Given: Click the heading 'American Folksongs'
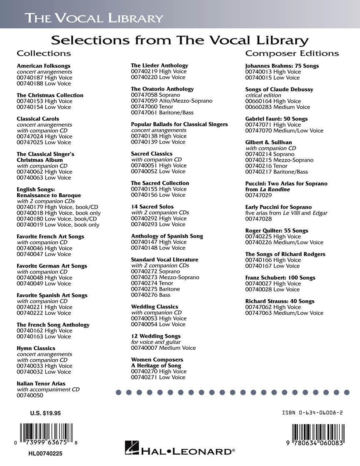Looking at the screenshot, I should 43,66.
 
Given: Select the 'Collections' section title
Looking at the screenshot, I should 44,53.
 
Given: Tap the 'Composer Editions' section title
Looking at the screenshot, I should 292,53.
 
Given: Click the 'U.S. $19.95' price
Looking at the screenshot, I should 45,413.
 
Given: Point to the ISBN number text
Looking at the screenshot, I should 312,413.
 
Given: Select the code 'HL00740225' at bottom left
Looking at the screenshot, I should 46,453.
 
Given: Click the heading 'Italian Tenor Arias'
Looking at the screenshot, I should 41,383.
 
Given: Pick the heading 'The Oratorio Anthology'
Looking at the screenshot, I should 162,89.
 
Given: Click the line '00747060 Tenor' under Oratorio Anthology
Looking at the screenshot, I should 152,107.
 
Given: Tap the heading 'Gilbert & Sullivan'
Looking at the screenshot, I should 268,142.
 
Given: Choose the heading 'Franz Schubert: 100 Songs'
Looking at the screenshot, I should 280,278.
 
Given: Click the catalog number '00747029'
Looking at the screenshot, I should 258,195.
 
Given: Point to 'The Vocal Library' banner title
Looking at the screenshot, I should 93,18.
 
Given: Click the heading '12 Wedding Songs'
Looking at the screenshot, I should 155,336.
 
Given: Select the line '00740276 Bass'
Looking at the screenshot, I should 150,295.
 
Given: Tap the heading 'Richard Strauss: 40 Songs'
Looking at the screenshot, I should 280,301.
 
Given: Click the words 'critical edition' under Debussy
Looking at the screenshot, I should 263,95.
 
